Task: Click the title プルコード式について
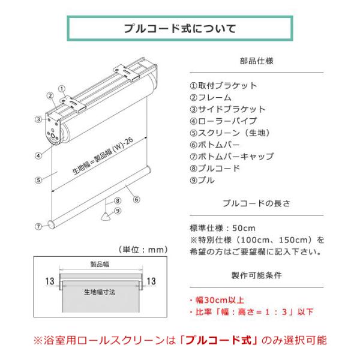coord(180,29)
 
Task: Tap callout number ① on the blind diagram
coord(62,89)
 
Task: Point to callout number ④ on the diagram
coord(38,155)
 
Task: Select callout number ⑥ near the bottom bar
coord(137,200)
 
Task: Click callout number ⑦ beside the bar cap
coord(38,227)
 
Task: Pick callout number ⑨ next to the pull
coord(118,211)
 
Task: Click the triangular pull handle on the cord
coord(106,217)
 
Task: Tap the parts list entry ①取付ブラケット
coord(223,86)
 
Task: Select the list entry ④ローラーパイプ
coord(223,121)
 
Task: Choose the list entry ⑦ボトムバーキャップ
coord(232,157)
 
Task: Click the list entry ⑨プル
coord(202,180)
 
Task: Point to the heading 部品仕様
coord(256,61)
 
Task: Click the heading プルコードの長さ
coord(256,203)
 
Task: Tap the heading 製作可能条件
coord(256,275)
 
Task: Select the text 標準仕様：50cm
coord(223,228)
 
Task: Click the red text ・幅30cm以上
coord(217,300)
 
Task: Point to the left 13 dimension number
coord(50,281)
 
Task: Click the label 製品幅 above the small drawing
coord(100,264)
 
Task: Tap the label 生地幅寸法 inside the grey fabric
coord(100,292)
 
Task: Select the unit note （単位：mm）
coord(143,250)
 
